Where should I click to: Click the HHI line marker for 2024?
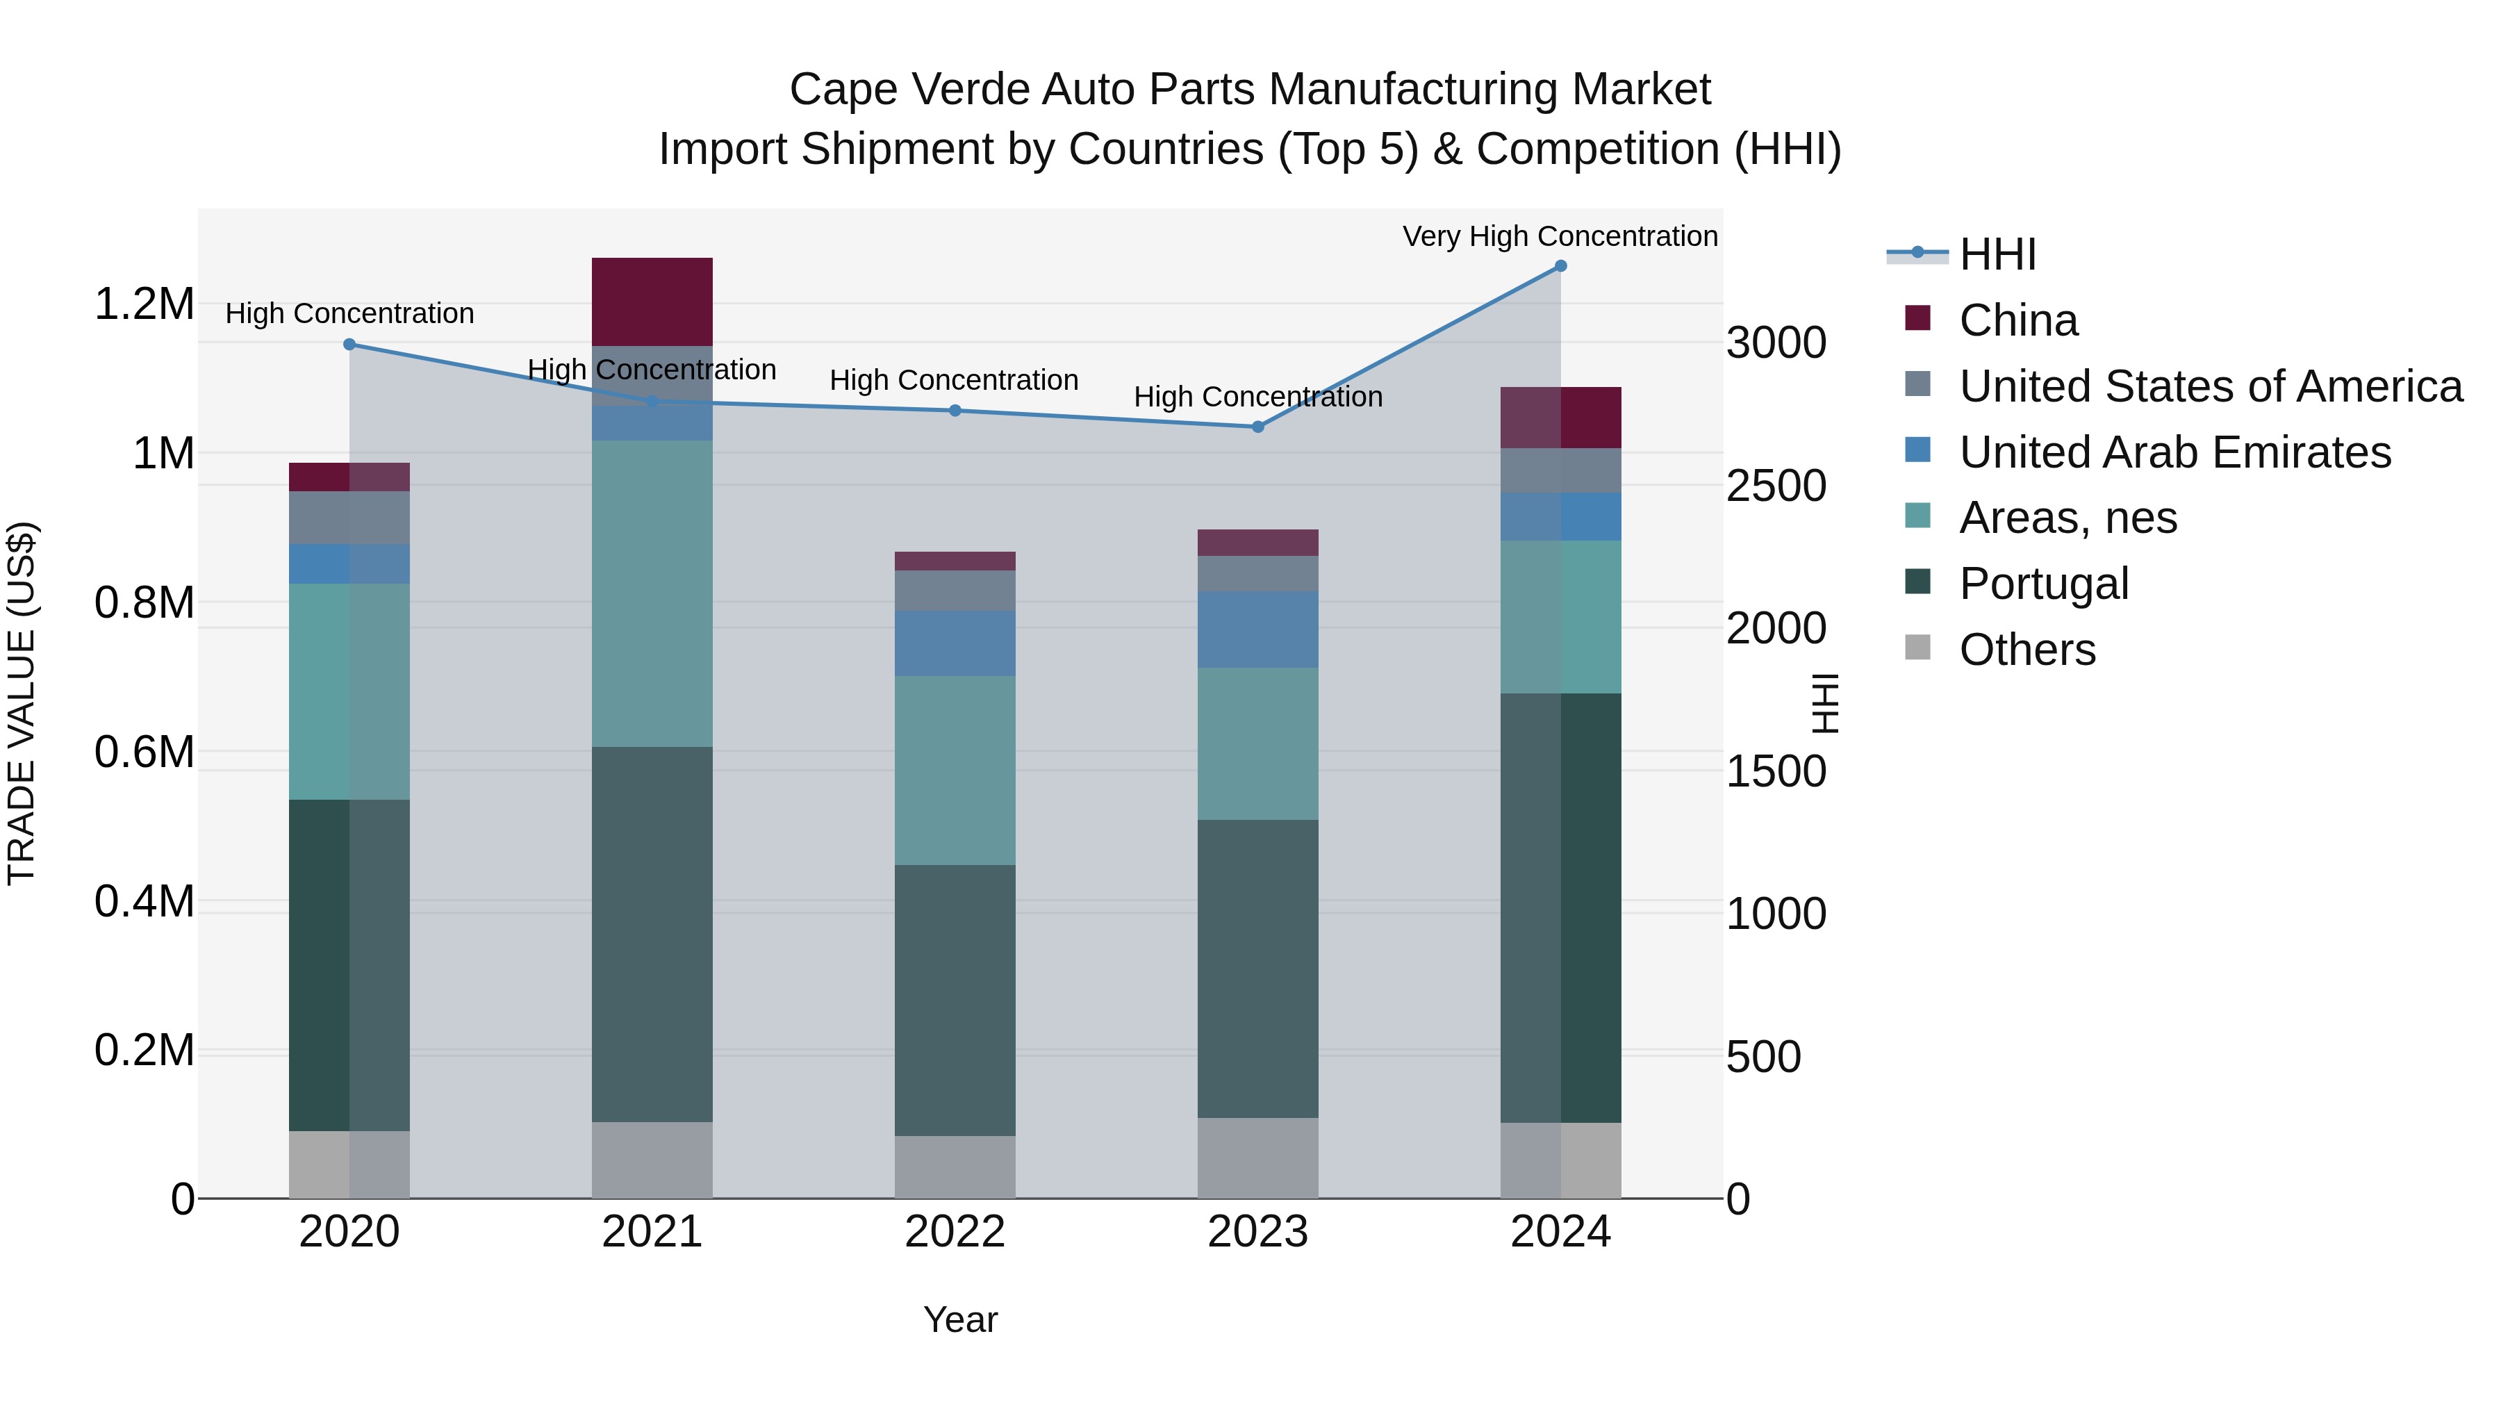pyautogui.click(x=1560, y=266)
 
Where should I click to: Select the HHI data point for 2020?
pyautogui.click(x=349, y=344)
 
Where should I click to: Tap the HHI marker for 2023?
pyautogui.click(x=1257, y=427)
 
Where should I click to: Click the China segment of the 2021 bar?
pyautogui.click(x=652, y=301)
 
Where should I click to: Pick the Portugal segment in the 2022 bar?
pyautogui.click(x=955, y=1000)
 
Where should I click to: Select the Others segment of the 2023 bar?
pyautogui.click(x=1257, y=1158)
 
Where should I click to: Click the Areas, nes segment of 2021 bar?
pyautogui.click(x=652, y=592)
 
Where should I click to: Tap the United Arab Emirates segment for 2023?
pyautogui.click(x=1257, y=630)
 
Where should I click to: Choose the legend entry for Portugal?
pyautogui.click(x=2044, y=584)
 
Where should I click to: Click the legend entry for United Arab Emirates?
pyautogui.click(x=2174, y=452)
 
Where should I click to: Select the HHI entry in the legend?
pyautogui.click(x=1997, y=254)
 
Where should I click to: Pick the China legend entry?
pyautogui.click(x=2017, y=320)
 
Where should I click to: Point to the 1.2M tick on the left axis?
pyautogui.click(x=144, y=304)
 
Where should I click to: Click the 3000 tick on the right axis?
pyautogui.click(x=1776, y=343)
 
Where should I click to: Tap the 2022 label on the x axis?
pyautogui.click(x=955, y=1232)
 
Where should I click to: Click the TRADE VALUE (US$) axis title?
pyautogui.click(x=22, y=703)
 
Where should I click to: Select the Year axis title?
pyautogui.click(x=960, y=1319)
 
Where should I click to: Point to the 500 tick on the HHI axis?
pyautogui.click(x=1763, y=1056)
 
